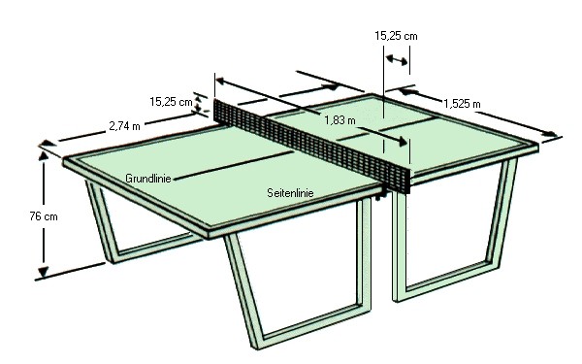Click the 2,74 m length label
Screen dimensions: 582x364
click(125, 126)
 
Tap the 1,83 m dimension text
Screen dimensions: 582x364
click(339, 120)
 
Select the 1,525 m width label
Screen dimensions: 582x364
click(462, 104)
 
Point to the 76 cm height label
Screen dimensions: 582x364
click(44, 216)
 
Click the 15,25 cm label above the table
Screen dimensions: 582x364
click(396, 36)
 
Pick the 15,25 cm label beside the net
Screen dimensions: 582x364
click(171, 102)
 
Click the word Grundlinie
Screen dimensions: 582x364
click(148, 179)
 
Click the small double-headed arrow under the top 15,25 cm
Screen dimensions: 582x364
click(397, 60)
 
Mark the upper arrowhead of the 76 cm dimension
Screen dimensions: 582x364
click(44, 155)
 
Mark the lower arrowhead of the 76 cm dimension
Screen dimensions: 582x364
click(44, 272)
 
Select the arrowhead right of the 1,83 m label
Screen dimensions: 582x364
click(403, 141)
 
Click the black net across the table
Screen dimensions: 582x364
click(312, 145)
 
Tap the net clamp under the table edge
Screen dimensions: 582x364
click(381, 195)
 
